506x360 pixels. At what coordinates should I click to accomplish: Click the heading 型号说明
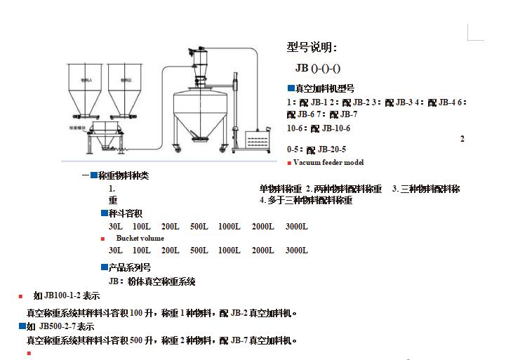[312, 48]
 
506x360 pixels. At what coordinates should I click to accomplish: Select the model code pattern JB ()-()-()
[318, 68]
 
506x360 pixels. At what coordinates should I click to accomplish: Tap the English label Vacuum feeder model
[328, 162]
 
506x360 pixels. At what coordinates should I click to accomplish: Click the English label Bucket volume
[140, 238]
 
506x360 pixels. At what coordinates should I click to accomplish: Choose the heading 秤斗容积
[126, 213]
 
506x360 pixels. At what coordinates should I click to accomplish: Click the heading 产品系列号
[130, 267]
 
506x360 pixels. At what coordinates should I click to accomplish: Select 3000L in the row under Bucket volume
[296, 251]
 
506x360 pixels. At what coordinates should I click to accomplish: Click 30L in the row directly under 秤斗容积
[115, 227]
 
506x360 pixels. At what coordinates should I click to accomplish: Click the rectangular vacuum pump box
[255, 140]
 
